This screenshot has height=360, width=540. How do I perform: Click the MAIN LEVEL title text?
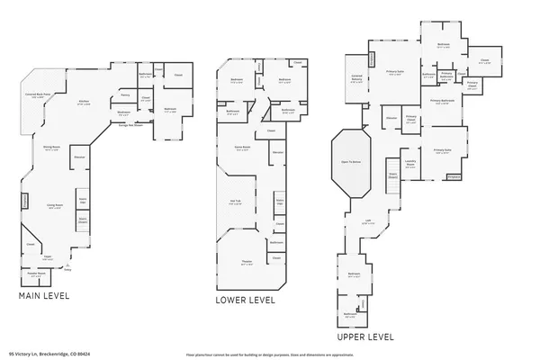click(x=43, y=294)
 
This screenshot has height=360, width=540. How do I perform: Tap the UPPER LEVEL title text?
click(x=364, y=337)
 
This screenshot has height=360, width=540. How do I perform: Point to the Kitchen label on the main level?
click(x=84, y=103)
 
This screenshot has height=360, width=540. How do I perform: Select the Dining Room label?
click(x=51, y=148)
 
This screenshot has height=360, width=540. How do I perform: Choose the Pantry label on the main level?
click(x=126, y=95)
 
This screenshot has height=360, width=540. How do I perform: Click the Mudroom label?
click(x=124, y=112)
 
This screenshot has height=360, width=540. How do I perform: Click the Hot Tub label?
click(x=236, y=202)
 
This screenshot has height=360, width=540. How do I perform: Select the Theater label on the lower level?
click(x=246, y=263)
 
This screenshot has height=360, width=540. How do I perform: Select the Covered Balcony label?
click(x=356, y=77)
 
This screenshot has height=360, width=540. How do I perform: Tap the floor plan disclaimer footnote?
click(x=269, y=355)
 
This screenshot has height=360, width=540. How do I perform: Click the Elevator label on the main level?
click(x=79, y=157)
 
